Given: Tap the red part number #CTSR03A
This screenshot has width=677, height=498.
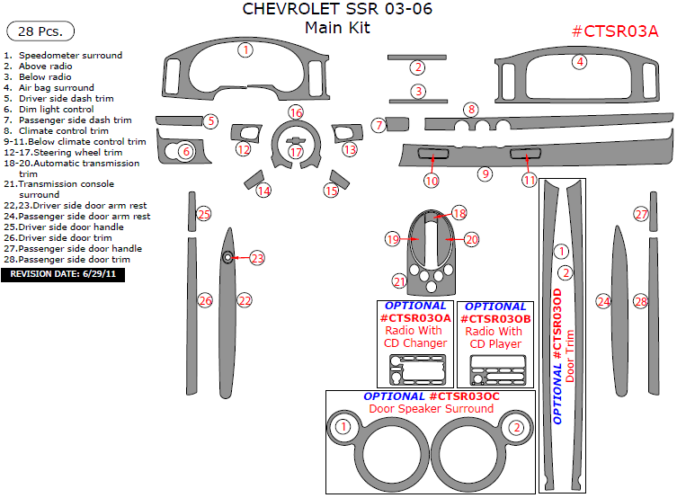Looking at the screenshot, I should tap(615, 31).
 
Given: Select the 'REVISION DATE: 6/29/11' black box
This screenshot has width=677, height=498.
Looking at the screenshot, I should tap(63, 274).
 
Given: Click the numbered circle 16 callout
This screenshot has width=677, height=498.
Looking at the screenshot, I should tap(296, 112).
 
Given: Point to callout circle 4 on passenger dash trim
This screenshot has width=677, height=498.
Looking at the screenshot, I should tap(580, 61).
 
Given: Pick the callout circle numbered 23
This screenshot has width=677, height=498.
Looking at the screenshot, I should tap(258, 259).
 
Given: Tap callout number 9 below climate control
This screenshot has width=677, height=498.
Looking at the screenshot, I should tap(485, 173).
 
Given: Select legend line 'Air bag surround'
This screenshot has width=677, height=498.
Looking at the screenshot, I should tap(56, 88).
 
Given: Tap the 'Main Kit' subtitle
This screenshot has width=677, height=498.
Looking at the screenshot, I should tap(337, 28).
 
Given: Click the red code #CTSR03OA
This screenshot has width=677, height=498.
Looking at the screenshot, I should tap(415, 318).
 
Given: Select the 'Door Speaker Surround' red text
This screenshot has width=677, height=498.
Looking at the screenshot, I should tap(431, 409).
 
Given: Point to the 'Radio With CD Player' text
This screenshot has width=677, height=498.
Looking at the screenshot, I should tap(494, 337).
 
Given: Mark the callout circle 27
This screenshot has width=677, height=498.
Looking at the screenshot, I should tap(641, 214).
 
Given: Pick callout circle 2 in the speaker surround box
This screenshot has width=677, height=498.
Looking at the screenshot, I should tap(516, 428).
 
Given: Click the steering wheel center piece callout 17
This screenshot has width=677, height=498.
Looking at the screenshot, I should tap(296, 152).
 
